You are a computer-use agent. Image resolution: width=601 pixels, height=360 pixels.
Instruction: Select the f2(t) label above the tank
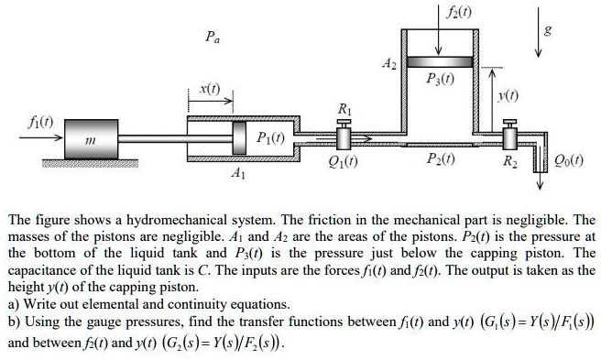[x=451, y=13]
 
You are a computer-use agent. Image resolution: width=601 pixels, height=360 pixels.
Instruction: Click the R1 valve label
[x=344, y=107]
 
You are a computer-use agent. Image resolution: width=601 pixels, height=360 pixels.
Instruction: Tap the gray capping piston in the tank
[x=439, y=61]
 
